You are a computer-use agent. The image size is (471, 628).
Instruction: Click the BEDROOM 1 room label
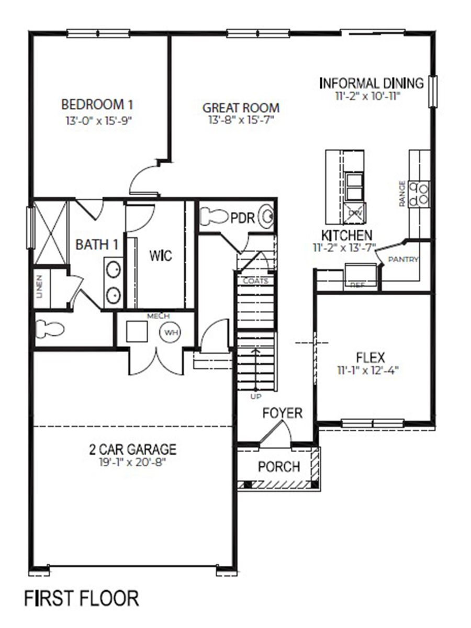(101, 103)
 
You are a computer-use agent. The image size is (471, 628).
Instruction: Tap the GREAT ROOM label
(241, 108)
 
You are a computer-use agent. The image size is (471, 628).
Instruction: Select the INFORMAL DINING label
(371, 83)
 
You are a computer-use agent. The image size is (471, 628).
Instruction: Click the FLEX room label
(370, 358)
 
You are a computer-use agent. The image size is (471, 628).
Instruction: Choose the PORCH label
(279, 466)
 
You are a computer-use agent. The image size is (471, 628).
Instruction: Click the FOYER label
(283, 413)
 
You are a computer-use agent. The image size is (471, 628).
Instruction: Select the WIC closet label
(160, 256)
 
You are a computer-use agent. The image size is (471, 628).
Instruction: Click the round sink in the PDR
(267, 216)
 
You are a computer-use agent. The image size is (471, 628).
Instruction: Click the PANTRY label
(403, 260)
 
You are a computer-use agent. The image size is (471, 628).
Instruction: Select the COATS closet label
(255, 281)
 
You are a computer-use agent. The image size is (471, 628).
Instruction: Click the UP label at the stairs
(255, 397)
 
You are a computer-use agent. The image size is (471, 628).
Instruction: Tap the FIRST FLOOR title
(82, 598)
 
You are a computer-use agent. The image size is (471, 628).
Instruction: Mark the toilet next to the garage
(50, 329)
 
